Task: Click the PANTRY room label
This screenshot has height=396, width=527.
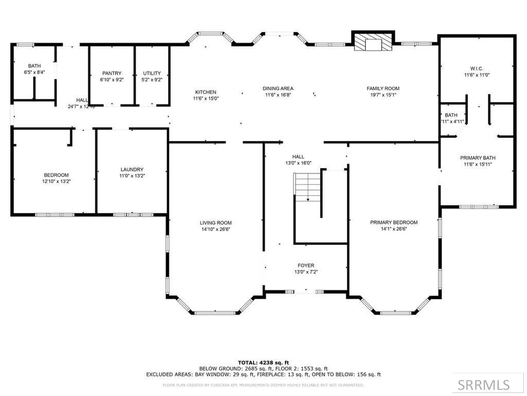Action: pos(112,73)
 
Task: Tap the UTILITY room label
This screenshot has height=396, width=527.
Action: pos(152,73)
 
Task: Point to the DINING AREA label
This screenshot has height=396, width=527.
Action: pos(278,88)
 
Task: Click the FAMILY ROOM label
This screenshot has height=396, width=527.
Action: pos(383,88)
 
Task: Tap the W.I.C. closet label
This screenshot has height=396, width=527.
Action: pos(477,69)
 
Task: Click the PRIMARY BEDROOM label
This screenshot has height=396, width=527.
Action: pos(394,222)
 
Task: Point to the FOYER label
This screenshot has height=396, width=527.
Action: pos(306,266)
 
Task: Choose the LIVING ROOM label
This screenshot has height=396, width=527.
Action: pos(216,223)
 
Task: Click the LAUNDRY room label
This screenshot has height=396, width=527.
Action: pos(132,169)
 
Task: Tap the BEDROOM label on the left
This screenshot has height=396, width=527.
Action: pos(56,175)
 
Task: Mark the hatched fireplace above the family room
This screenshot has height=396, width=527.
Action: pos(373,44)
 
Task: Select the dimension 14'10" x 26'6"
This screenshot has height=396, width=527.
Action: pos(216,229)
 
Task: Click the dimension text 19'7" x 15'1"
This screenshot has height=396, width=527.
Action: pos(383,95)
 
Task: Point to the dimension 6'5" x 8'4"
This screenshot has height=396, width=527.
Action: pos(34,73)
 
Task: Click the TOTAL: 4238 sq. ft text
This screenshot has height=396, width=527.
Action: pos(263,362)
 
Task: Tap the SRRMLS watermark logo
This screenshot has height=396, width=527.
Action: pos(484,385)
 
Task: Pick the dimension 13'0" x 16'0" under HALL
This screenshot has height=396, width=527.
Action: pos(298,163)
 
